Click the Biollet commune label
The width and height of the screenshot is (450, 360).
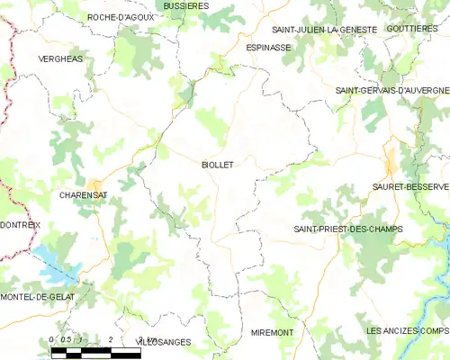point(217,165)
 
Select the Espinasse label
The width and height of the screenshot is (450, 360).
point(268,46)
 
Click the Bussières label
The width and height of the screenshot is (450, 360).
point(186,5)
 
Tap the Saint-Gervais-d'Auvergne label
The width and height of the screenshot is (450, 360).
point(391,91)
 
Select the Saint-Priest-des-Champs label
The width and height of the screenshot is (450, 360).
point(347,229)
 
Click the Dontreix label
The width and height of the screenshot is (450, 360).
point(20,224)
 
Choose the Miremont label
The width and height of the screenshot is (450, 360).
point(272,332)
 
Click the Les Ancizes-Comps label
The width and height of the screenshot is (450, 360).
point(407,331)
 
